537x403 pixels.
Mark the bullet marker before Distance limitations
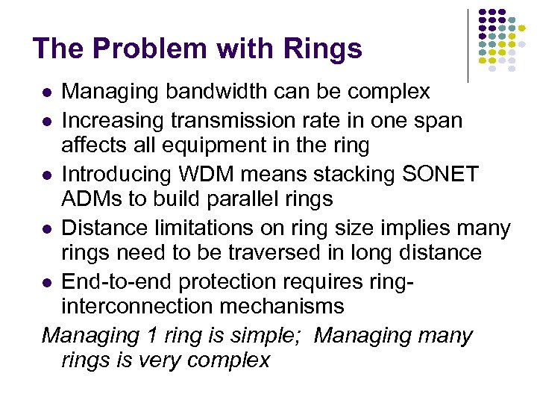(47, 228)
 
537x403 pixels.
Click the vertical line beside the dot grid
(467, 45)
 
